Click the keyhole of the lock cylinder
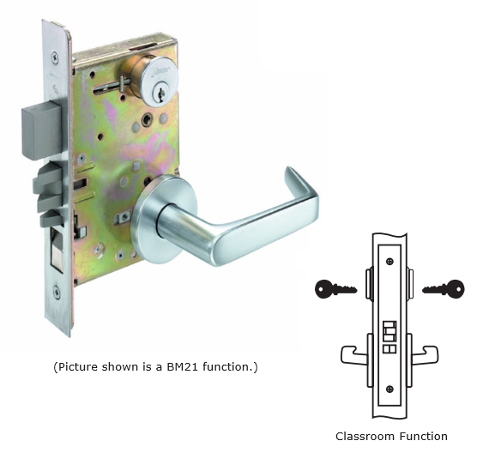pyautogui.click(x=160, y=93)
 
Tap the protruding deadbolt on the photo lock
pyautogui.click(x=41, y=130)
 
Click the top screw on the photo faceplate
pyautogui.click(x=55, y=57)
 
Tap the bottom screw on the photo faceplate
pyautogui.click(x=57, y=291)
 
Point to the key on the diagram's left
pyautogui.click(x=335, y=289)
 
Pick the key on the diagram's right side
pyautogui.click(x=444, y=289)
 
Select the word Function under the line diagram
pyautogui.click(x=424, y=437)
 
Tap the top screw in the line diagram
pyautogui.click(x=390, y=262)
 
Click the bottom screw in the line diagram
pyautogui.click(x=390, y=389)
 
